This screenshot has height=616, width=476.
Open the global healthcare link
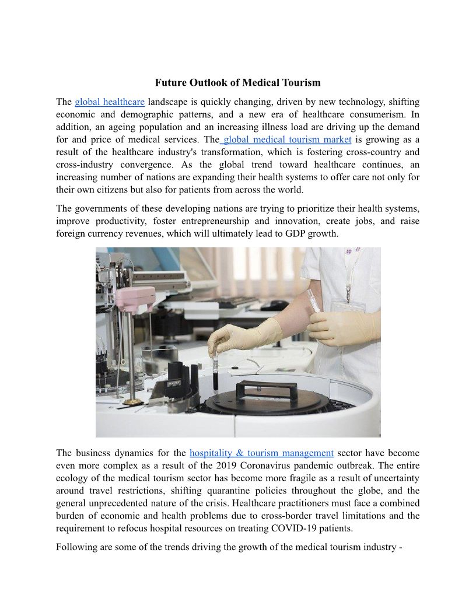coord(110,102)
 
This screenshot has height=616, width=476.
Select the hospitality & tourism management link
coord(261,453)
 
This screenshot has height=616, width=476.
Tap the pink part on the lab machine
coord(135,298)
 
